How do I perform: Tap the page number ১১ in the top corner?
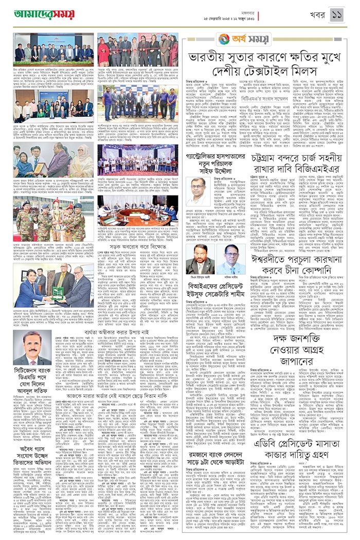[x=337, y=14]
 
